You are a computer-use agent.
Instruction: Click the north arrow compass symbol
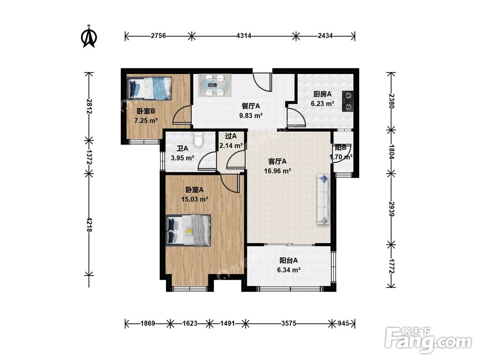pos(89,36)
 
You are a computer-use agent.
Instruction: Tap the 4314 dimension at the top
pos(244,36)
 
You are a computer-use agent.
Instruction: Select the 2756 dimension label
pos(158,36)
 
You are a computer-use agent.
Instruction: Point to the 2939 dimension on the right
pos(391,209)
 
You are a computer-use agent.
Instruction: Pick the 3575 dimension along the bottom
pos(288,323)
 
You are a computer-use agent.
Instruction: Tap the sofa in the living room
pos(324,199)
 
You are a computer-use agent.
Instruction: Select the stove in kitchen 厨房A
pos(348,101)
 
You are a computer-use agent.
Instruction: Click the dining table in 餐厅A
pos(215,85)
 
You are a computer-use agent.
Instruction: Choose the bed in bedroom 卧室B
pos(149,88)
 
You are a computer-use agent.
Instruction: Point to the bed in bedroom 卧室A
pos(188,230)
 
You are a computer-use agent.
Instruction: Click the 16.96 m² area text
pos(277,171)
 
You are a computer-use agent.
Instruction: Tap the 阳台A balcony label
pos(288,261)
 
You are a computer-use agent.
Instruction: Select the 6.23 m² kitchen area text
pos(323,104)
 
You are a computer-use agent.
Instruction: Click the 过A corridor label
pos(231,136)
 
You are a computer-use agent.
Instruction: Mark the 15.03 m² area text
pos(195,199)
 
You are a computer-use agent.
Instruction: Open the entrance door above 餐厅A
pos(263,82)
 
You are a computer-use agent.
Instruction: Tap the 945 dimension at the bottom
pos(343,323)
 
